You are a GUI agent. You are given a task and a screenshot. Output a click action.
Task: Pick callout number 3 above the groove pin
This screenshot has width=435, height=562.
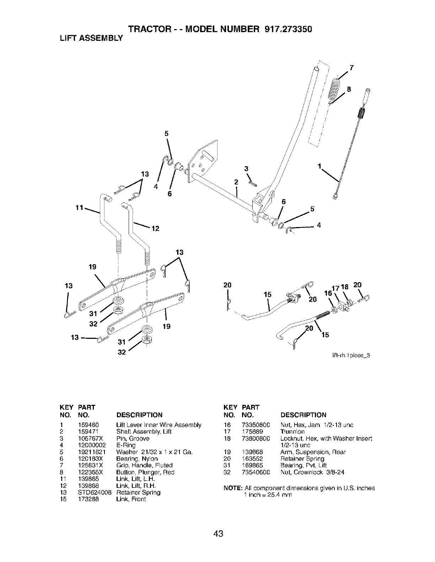coord(245,168)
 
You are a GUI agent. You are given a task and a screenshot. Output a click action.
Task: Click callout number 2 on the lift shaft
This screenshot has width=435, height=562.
coord(235,182)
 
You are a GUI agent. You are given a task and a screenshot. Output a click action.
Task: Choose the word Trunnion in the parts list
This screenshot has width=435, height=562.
coord(292,432)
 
